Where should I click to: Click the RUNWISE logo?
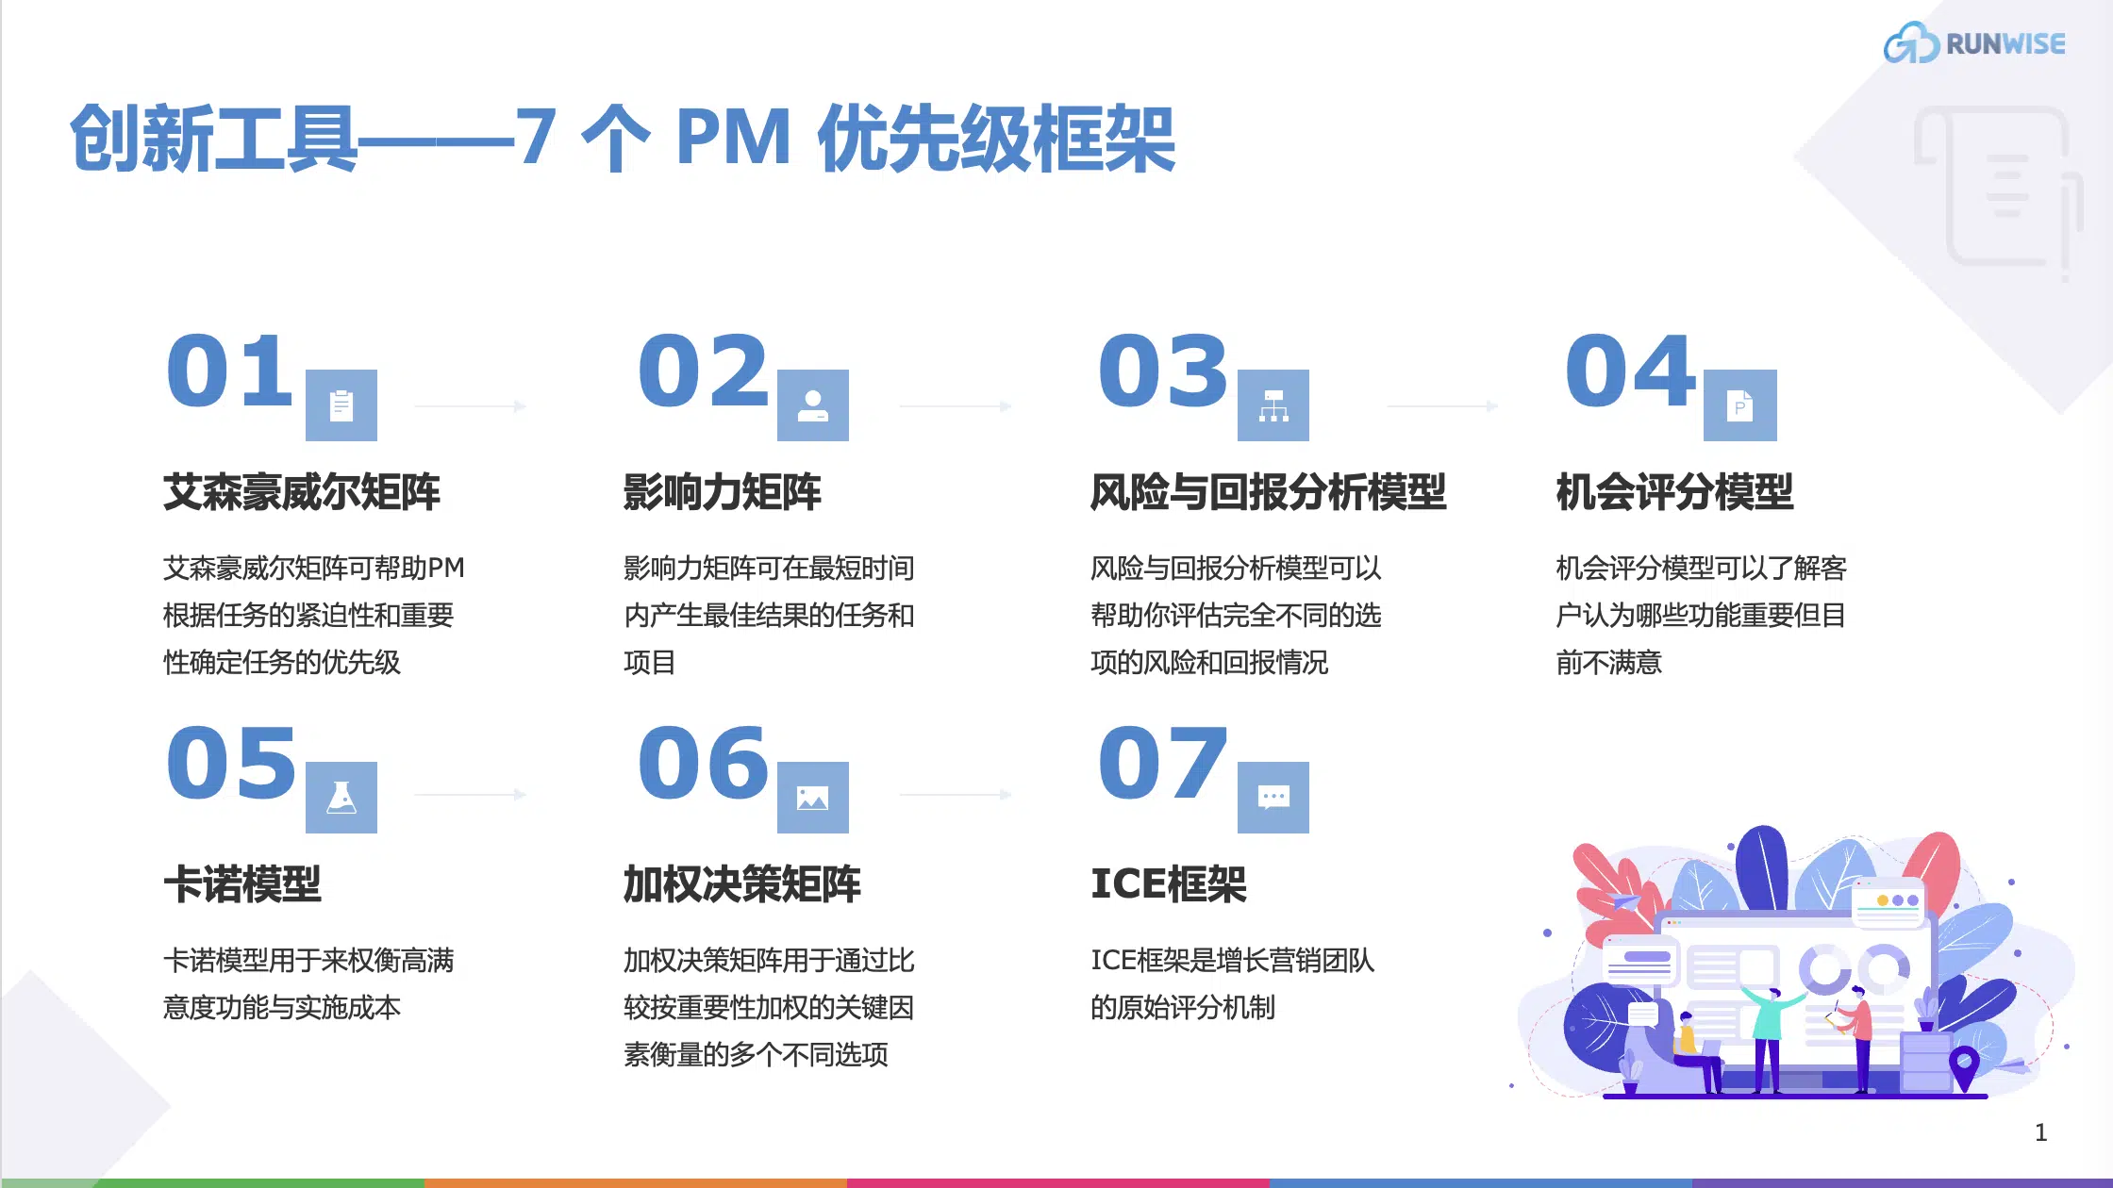coord(1974,43)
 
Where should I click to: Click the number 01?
coord(229,371)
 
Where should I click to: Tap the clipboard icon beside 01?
coord(341,405)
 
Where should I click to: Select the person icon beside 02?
coord(812,405)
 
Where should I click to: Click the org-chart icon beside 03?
coord(1273,405)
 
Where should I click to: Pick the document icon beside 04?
coord(1739,405)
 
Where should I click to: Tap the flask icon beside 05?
coord(341,798)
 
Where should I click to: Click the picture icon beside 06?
coord(812,798)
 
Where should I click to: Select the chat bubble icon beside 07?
coord(1273,798)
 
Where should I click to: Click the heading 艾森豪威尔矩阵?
coord(302,492)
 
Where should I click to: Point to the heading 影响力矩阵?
coord(722,492)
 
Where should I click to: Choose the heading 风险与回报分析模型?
coord(1268,492)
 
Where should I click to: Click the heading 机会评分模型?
coord(1674,492)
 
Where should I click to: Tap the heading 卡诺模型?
coord(242,884)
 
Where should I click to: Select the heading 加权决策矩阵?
coord(741,884)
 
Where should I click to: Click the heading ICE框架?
coord(1169,884)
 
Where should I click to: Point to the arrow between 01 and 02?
coord(470,406)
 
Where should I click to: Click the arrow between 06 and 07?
coord(955,795)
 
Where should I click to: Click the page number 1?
coord(2040,1132)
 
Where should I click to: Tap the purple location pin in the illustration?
coord(1964,1066)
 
